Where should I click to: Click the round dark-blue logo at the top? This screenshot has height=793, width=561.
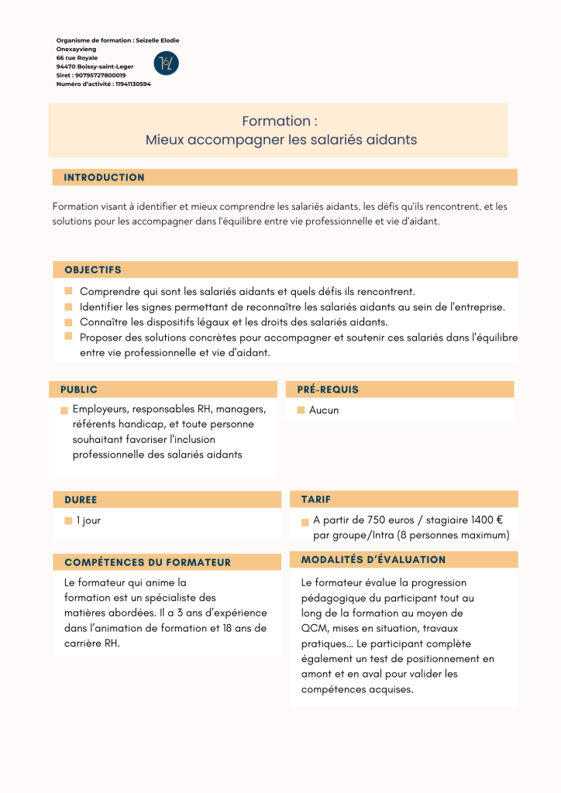click(x=166, y=63)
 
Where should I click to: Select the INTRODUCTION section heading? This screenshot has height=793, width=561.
click(x=104, y=177)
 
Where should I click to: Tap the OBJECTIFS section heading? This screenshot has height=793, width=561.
click(x=93, y=270)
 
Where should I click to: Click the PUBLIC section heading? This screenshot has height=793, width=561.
click(x=79, y=390)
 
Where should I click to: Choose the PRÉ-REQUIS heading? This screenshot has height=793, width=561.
click(x=328, y=390)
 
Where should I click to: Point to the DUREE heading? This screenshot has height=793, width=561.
click(x=81, y=499)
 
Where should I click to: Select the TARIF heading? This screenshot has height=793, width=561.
click(x=315, y=499)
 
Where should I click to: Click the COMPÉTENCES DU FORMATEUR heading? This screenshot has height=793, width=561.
click(x=147, y=562)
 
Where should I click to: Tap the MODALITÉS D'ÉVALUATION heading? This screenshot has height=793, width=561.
click(x=373, y=559)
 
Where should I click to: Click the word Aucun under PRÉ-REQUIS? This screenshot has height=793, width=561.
click(x=324, y=410)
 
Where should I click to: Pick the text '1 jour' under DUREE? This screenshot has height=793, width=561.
click(x=88, y=520)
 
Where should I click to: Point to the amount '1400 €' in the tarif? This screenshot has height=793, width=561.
click(x=488, y=520)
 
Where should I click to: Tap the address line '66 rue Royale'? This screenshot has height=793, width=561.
click(x=77, y=57)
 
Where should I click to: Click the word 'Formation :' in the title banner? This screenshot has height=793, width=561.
click(x=280, y=121)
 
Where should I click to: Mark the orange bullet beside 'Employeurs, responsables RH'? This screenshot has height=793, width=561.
click(x=64, y=410)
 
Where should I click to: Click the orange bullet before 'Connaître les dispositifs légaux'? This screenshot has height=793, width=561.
click(x=68, y=321)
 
